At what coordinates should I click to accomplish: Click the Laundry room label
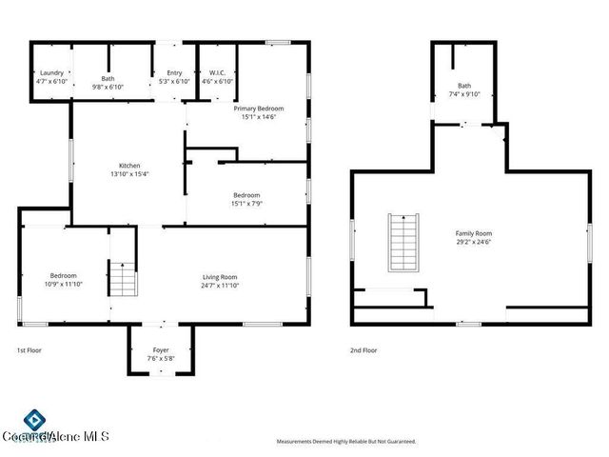tap(51, 73)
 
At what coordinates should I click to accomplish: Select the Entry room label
tap(174, 73)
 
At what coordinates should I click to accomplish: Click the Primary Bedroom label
tap(259, 109)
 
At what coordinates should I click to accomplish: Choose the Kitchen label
tap(129, 165)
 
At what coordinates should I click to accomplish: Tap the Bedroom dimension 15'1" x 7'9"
tap(246, 203)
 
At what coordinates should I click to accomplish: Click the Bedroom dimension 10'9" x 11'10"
tap(63, 284)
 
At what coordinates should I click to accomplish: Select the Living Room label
tap(220, 276)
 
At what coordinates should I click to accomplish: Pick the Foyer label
tap(161, 350)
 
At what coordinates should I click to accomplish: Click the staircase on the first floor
tap(121, 279)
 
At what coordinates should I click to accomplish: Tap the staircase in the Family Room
tap(403, 242)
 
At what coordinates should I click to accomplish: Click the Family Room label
tap(473, 233)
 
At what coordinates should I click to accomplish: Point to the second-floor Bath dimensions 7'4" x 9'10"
tap(464, 93)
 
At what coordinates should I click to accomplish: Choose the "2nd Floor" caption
tap(363, 350)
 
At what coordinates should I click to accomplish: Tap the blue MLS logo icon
tap(34, 420)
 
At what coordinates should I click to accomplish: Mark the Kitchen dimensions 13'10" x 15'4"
tap(129, 173)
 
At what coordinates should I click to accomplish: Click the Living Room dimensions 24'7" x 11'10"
tap(220, 285)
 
